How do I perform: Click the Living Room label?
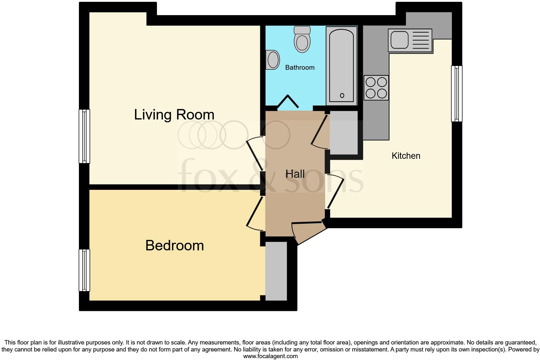(x=174, y=114)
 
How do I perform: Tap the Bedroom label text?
(x=174, y=246)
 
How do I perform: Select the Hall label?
(x=295, y=174)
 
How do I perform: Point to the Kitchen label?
(x=406, y=156)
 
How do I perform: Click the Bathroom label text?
(x=299, y=67)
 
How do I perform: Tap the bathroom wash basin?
(x=273, y=60)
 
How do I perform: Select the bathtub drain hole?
(x=342, y=95)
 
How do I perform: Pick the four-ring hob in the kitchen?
(x=376, y=88)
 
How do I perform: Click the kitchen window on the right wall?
(x=456, y=93)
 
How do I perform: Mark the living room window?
(x=84, y=136)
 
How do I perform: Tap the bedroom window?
(x=84, y=270)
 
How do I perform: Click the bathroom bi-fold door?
(x=288, y=101)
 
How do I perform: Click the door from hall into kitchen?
(x=335, y=192)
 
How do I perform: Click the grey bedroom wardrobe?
(x=276, y=271)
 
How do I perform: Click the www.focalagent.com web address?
(x=270, y=356)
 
